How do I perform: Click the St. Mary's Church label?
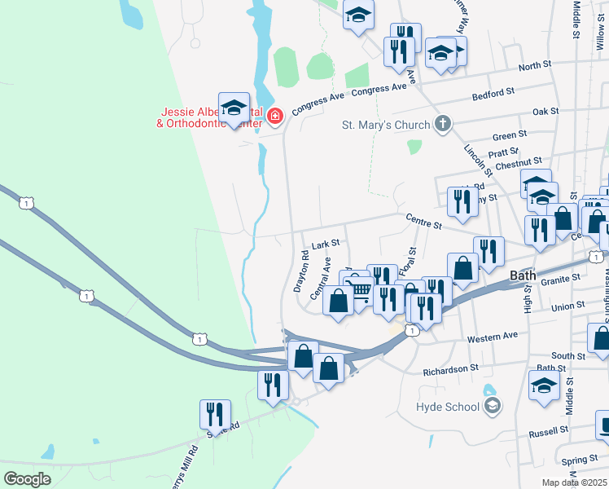[384, 126]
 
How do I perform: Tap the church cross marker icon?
[442, 126]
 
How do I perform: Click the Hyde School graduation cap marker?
[492, 406]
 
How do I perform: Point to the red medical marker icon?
[275, 117]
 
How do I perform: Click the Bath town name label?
[523, 275]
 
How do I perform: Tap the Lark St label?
[325, 243]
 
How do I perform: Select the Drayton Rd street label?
[301, 271]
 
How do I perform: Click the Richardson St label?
[450, 369]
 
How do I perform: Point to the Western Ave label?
[493, 336]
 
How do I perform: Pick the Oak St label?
[545, 111]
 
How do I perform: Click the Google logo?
[27, 479]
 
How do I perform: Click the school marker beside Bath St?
[544, 386]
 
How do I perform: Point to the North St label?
[534, 65]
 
